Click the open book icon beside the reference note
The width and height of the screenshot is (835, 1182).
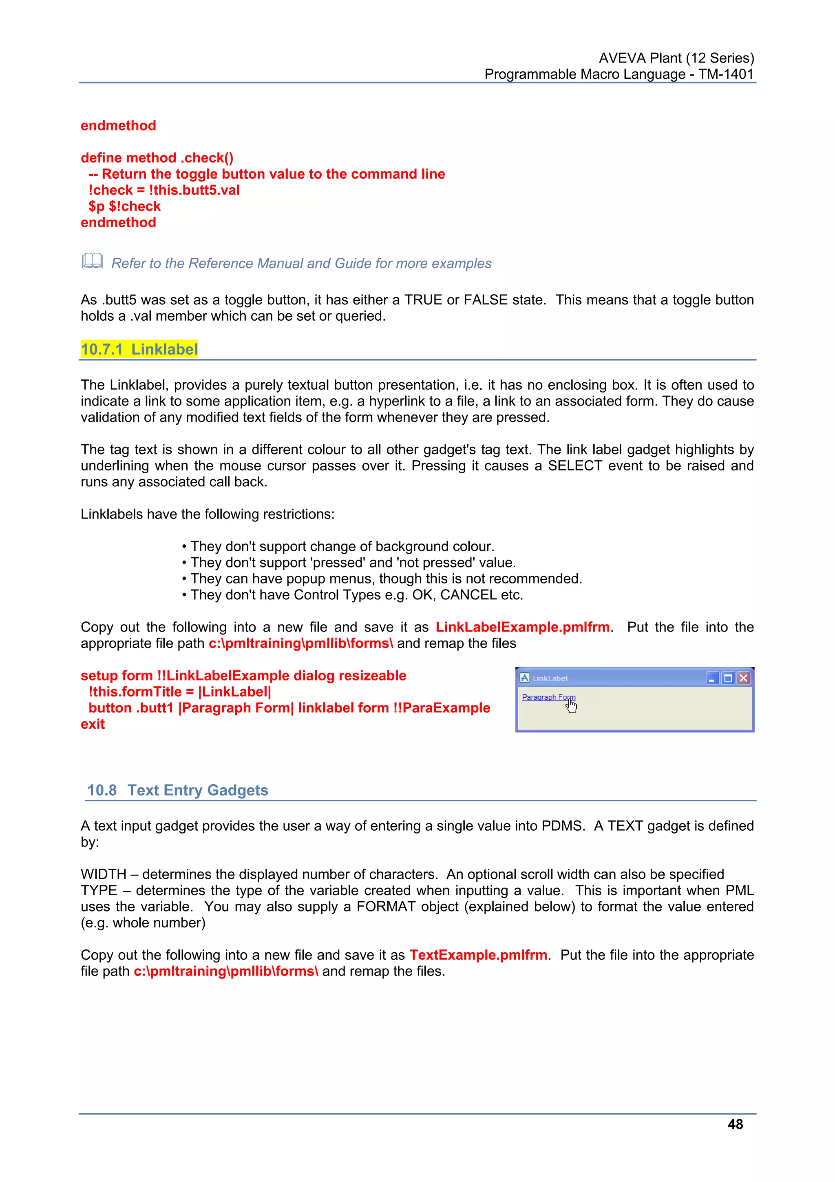(x=93, y=261)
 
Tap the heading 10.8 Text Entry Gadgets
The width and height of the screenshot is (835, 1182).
(x=177, y=790)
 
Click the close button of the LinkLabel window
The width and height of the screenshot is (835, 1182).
(x=743, y=678)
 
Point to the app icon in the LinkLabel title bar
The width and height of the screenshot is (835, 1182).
(x=525, y=678)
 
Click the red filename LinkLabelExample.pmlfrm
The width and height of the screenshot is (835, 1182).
(x=522, y=627)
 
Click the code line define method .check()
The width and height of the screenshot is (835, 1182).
(x=157, y=157)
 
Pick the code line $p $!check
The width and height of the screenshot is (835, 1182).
(x=124, y=206)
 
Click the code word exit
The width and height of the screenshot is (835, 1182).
(x=93, y=724)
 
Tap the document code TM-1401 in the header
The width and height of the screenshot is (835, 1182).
(x=725, y=74)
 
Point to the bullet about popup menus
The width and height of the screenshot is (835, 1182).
(x=386, y=578)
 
